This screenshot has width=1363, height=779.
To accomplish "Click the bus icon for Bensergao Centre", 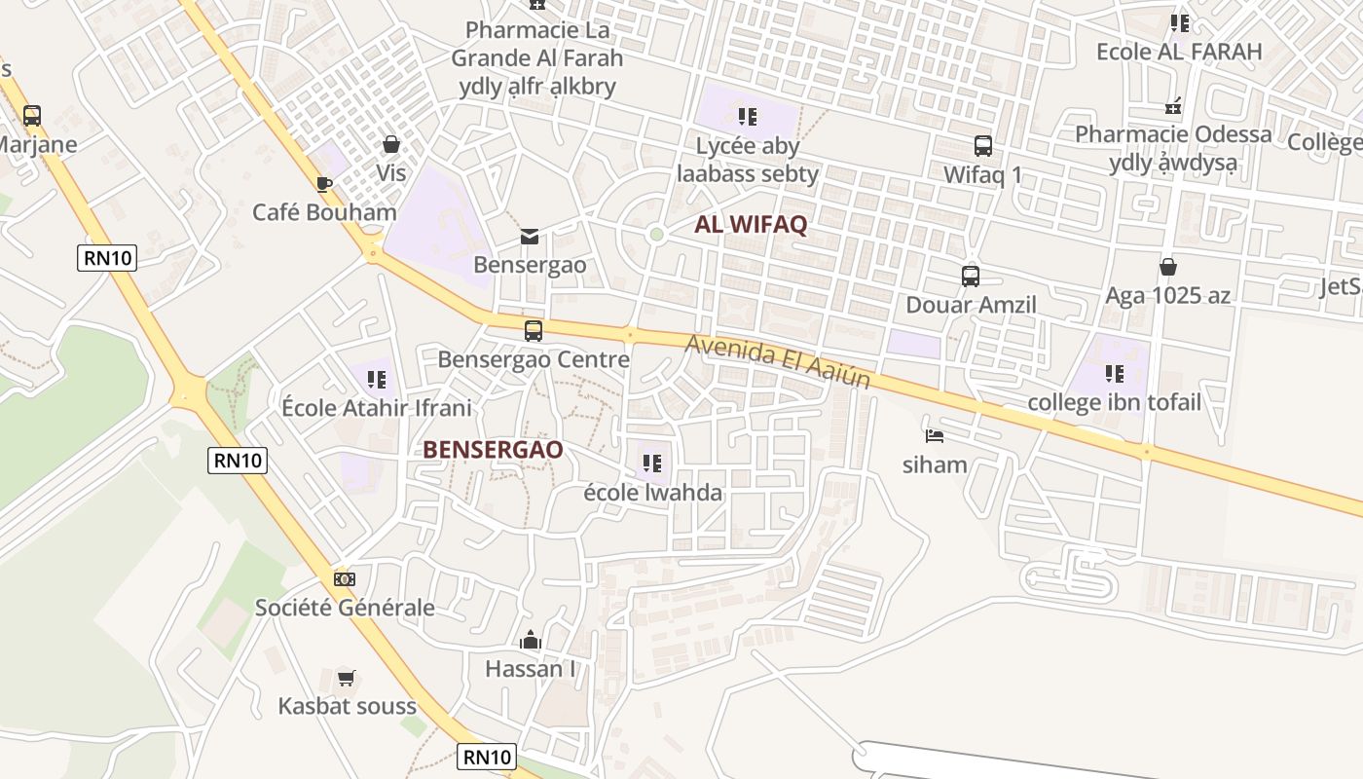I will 534,330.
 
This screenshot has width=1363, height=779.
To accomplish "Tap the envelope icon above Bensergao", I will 530,237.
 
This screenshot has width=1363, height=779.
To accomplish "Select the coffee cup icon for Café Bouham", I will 324,184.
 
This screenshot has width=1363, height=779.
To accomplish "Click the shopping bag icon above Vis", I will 391,145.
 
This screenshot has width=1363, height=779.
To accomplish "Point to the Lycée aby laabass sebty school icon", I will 748,117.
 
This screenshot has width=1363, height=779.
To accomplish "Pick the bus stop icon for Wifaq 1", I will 983,146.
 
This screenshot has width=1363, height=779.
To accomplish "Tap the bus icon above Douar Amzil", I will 971,276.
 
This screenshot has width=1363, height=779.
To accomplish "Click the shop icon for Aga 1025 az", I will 1168,267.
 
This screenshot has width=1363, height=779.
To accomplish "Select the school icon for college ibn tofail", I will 1115,373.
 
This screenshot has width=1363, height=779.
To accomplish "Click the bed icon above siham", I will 935,435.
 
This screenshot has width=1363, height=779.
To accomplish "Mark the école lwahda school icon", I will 652,463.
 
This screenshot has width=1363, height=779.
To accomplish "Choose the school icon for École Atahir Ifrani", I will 376,379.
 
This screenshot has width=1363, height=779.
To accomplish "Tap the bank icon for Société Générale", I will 345,578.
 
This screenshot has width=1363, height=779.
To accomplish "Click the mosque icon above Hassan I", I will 531,640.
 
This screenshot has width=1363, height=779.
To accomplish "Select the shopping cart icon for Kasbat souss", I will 347,678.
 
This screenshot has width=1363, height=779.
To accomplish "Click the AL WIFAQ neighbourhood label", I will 751,225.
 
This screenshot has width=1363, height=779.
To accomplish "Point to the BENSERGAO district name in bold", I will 493,449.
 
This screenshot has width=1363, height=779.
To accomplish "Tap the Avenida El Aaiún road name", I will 777,361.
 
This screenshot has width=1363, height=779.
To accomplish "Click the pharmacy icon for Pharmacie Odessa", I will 1174,105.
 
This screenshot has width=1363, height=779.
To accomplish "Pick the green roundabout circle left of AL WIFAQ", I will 657,234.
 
